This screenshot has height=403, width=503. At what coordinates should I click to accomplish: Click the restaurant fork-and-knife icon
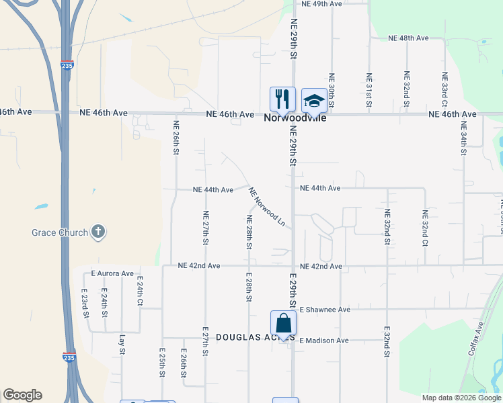[282, 99]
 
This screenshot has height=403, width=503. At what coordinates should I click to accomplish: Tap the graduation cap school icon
[313, 100]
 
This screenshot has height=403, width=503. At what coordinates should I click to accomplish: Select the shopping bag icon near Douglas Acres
[283, 322]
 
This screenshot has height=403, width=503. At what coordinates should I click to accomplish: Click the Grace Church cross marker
[98, 232]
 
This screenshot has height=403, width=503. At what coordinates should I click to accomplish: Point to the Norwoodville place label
[295, 118]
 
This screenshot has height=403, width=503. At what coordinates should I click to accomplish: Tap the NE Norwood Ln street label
[267, 206]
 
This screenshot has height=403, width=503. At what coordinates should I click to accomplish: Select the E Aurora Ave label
[113, 274]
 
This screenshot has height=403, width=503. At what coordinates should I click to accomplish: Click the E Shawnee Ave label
[325, 310]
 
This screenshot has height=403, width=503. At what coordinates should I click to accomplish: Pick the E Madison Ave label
[324, 341]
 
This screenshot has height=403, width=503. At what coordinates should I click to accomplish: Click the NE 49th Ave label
[322, 4]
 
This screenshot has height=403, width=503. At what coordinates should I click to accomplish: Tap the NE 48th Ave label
[408, 38]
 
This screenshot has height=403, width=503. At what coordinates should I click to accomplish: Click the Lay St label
[122, 345]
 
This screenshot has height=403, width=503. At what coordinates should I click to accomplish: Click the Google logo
[22, 395]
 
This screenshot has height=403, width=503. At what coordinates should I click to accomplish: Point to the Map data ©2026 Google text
[461, 398]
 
